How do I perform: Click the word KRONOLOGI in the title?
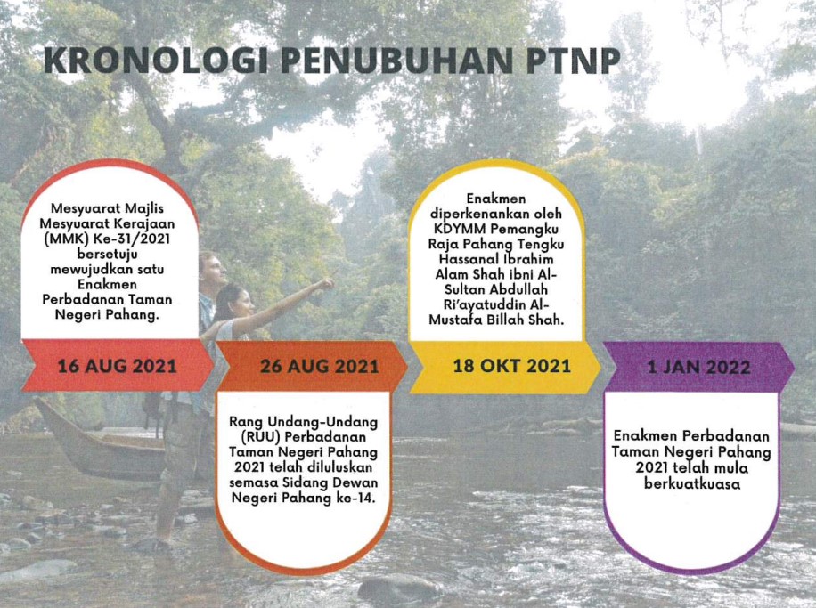(x=157, y=61)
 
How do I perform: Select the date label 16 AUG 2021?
(x=117, y=366)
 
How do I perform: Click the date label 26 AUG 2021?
(x=320, y=366)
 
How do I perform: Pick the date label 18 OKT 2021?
(x=511, y=366)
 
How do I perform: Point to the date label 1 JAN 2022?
(x=698, y=367)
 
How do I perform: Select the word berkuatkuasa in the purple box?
(x=691, y=483)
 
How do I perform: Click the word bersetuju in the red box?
(x=107, y=255)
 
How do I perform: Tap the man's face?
(x=215, y=268)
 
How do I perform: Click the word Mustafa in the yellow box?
(x=453, y=320)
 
